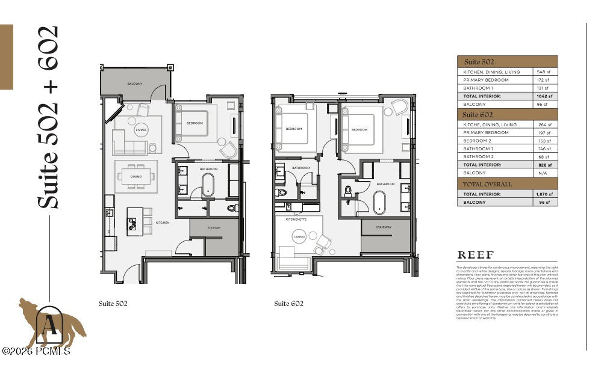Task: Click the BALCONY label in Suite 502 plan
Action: pyautogui.click(x=134, y=84)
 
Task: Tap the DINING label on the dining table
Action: pyautogui.click(x=137, y=176)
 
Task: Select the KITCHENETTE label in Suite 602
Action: pyautogui.click(x=297, y=220)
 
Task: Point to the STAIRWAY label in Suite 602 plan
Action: pyautogui.click(x=384, y=227)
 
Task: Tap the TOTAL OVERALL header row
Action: pyautogui.click(x=487, y=184)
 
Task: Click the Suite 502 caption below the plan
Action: pyautogui.click(x=113, y=304)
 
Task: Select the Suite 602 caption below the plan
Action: pyautogui.click(x=288, y=304)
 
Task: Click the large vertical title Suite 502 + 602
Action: pyautogui.click(x=48, y=117)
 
